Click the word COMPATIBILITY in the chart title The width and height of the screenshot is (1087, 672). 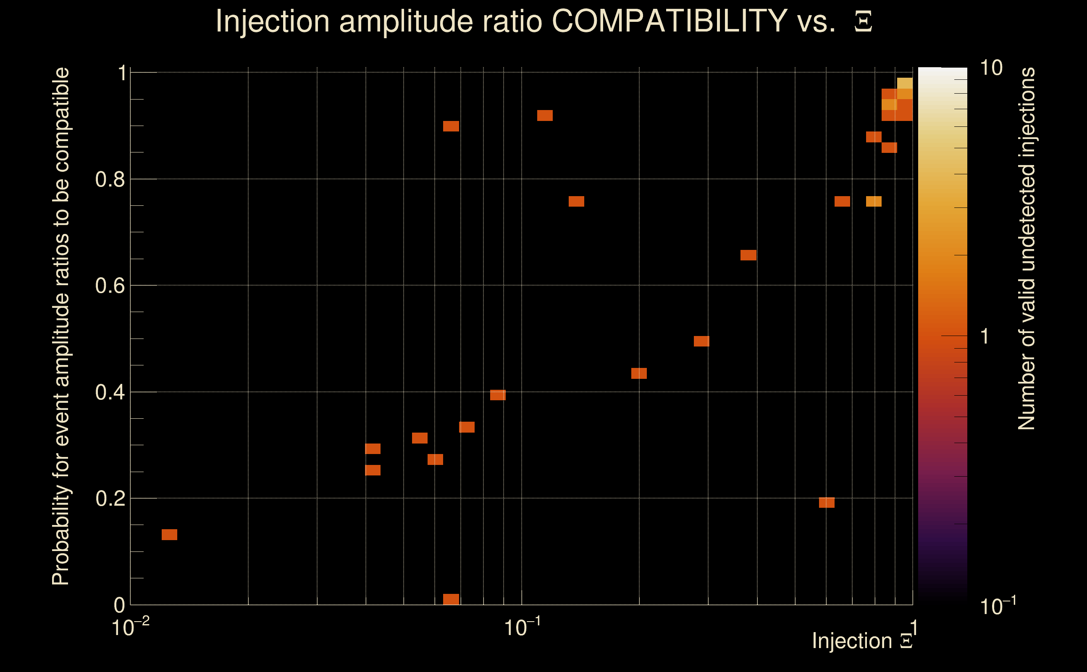tap(670, 21)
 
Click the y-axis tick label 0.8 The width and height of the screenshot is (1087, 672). tap(110, 180)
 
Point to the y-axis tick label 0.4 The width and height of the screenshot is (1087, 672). tap(110, 392)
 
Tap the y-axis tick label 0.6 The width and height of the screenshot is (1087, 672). tap(110, 286)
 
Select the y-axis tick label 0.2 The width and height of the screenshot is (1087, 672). tap(110, 499)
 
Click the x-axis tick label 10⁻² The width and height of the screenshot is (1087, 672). tap(130, 627)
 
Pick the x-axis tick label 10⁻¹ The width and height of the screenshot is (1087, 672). tap(522, 627)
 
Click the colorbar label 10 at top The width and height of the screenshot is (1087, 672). tap(991, 68)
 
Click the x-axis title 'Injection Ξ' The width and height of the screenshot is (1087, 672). tap(862, 641)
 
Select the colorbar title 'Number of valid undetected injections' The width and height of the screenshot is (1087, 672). tap(1027, 249)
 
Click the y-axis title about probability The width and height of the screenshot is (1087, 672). tap(61, 327)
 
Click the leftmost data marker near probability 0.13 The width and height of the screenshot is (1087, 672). tap(169, 535)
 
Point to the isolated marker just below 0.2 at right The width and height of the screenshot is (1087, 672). tap(827, 503)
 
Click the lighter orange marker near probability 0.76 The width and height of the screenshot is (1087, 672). tap(874, 202)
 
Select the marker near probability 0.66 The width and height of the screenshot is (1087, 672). tap(748, 255)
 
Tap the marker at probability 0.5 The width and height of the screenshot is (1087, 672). tap(701, 341)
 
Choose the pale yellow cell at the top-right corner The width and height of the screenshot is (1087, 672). tap(905, 84)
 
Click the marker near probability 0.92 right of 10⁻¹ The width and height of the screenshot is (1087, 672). tap(545, 115)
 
